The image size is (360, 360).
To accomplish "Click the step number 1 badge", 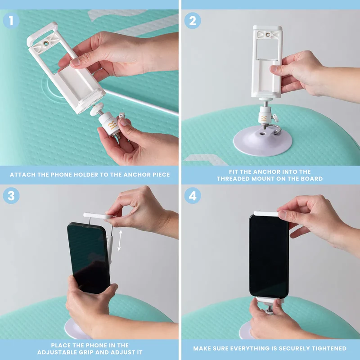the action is [11, 21].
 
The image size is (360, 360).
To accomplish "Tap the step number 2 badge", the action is [193, 21].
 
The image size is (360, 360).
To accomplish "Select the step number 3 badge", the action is [11, 196].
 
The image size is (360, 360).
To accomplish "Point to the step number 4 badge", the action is [193, 196].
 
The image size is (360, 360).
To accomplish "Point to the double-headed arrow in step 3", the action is [120, 240].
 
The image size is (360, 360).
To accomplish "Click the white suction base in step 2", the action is [263, 140].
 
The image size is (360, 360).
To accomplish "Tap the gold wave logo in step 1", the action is [112, 125].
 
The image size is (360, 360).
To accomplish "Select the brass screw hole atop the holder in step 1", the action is [46, 43].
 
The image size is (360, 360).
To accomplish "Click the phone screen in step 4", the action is [269, 256].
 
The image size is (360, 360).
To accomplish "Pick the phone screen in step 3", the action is [88, 257].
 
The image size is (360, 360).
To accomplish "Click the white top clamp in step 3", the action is [99, 216].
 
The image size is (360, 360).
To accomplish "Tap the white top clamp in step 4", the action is [267, 213].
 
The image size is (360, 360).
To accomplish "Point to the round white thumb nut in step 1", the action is [97, 109].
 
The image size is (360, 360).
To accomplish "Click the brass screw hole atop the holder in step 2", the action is [268, 35].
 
